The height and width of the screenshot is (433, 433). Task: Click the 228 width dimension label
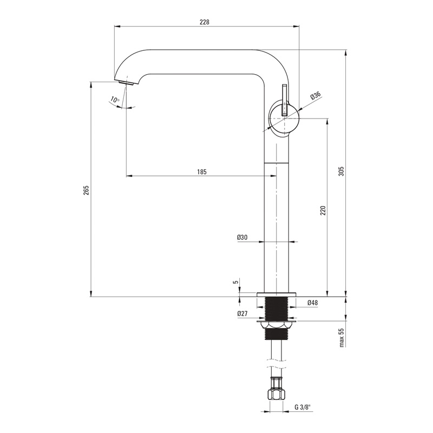pos(205,22)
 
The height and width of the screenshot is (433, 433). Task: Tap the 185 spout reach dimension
pos(202,172)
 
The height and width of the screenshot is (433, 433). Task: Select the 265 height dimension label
pos(87,191)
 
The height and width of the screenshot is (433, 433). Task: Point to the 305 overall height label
pos(342,172)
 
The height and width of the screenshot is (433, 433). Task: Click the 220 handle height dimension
pos(323,211)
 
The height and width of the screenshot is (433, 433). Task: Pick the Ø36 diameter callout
pos(316,95)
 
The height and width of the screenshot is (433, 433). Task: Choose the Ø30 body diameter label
pos(242,237)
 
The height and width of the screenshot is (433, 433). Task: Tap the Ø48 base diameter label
pos(312,303)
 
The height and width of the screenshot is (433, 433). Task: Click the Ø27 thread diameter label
pos(242,313)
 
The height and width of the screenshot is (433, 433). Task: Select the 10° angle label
pos(115,100)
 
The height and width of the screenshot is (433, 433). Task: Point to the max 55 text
pos(342,337)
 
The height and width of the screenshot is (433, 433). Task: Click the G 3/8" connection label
pos(303,407)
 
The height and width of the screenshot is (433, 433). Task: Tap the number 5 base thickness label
pos(235,282)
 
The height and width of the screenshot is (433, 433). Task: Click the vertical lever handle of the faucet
pos(285,100)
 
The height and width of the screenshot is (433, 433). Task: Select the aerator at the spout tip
pos(126,83)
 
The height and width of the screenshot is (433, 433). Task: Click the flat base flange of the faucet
pos(276,294)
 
